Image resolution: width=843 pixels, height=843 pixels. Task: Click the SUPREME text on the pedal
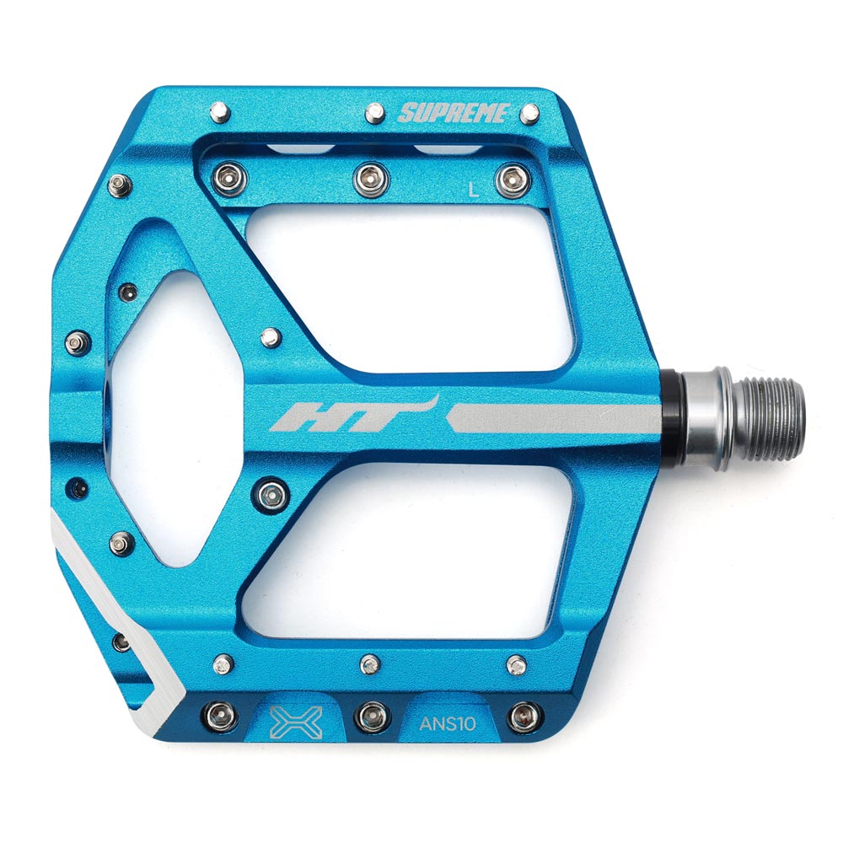click(x=454, y=113)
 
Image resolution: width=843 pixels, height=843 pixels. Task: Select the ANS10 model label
click(x=448, y=723)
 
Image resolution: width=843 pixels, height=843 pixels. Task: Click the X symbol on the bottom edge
click(x=296, y=722)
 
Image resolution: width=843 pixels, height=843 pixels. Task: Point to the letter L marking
click(x=474, y=190)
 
